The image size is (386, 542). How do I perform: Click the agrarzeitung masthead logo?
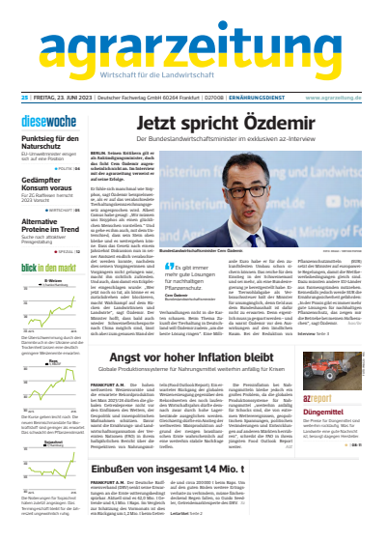coord(193,47)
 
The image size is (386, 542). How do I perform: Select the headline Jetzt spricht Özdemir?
coord(229,123)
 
